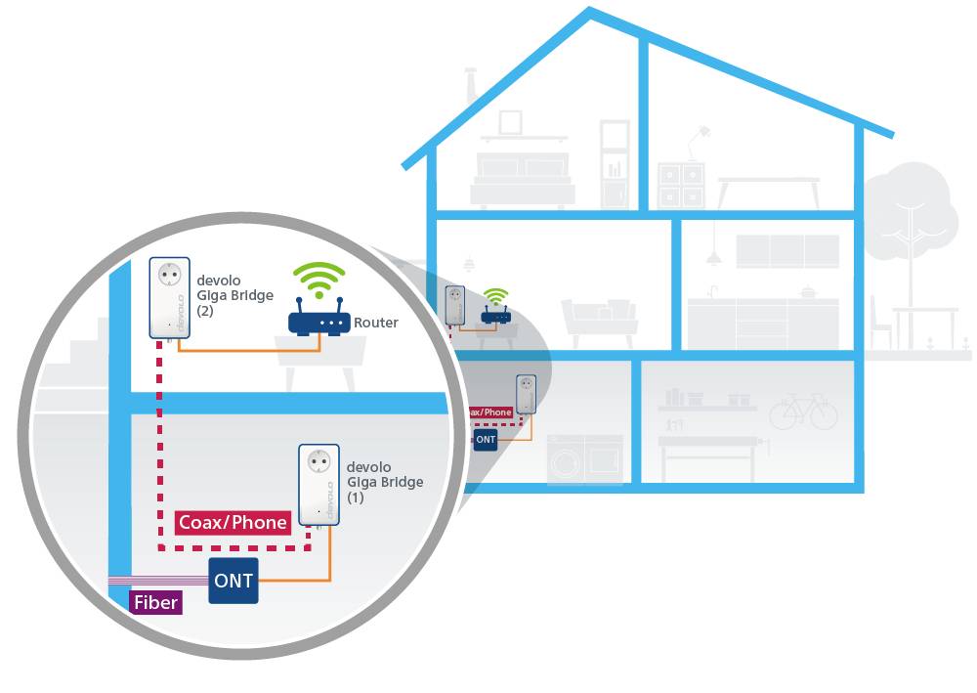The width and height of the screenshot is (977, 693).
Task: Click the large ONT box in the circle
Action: point(234,581)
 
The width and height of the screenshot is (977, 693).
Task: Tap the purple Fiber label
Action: point(155,602)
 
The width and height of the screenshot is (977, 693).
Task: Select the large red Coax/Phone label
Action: point(234,522)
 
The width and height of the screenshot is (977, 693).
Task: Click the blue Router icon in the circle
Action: point(319,323)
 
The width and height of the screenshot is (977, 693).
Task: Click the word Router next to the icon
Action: point(376,323)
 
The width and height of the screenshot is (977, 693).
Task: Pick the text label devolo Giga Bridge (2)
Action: point(234,295)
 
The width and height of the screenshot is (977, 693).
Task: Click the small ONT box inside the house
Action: point(486,440)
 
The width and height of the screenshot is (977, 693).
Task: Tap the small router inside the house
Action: point(495,315)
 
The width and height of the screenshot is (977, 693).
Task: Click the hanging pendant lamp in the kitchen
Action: point(714,256)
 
